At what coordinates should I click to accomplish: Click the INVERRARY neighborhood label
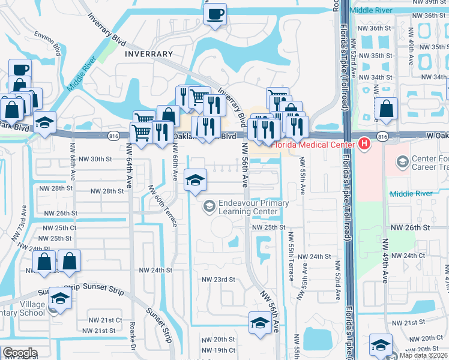pos(149,54)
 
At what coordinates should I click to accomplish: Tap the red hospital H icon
pos(364,144)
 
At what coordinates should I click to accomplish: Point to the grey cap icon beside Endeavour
pos(209,207)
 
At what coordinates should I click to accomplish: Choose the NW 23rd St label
pos(217,280)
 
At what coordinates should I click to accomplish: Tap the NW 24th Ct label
pos(405,256)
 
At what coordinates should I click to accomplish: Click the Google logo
pos(20,353)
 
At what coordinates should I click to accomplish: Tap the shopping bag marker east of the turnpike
pos(386,110)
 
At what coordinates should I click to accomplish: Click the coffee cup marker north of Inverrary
pos(215,14)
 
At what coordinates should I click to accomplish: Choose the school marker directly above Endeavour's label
pos(195,181)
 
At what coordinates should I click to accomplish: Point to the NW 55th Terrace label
pos(291,261)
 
